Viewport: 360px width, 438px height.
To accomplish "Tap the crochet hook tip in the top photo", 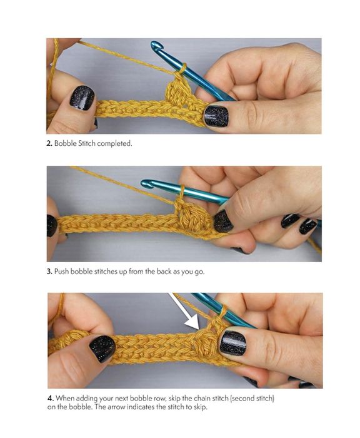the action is (x=156, y=46).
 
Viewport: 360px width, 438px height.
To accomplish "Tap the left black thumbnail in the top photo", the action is (x=82, y=99).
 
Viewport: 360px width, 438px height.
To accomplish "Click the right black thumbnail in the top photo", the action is (x=216, y=116).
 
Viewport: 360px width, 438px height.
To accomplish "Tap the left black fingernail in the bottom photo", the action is (x=102, y=349).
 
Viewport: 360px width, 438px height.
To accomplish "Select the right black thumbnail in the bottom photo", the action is (x=232, y=343).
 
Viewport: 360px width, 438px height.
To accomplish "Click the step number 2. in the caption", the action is (x=49, y=143).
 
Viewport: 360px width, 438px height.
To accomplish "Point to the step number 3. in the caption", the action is (x=49, y=272).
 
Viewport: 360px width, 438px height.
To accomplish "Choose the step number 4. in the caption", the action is (x=51, y=398).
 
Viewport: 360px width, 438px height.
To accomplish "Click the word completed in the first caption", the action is (x=114, y=144).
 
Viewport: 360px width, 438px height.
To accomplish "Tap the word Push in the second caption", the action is (x=62, y=272).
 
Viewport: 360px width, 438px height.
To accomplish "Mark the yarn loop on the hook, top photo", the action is (x=182, y=68).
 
